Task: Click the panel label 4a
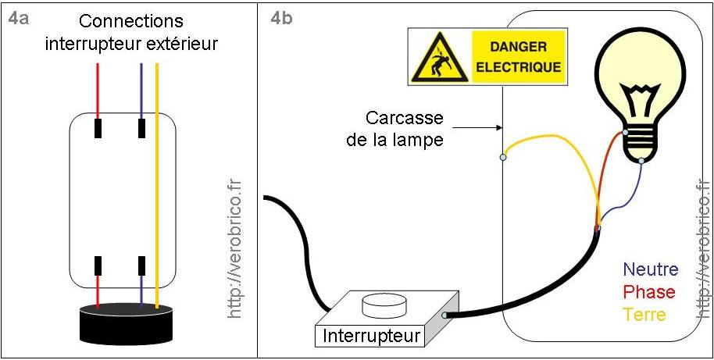tap(18, 19)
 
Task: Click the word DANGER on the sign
tap(519, 46)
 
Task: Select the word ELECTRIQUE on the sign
tap(519, 67)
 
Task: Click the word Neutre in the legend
tap(650, 270)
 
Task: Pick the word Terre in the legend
tap(644, 315)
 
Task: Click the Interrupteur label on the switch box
tap(371, 337)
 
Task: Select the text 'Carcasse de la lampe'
tap(405, 129)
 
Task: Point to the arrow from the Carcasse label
tap(477, 127)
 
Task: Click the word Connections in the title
tap(131, 21)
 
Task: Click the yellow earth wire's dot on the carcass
tap(503, 158)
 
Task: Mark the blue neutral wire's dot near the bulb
tap(641, 162)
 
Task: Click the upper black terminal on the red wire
tap(98, 127)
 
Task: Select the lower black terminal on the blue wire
tap(141, 266)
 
